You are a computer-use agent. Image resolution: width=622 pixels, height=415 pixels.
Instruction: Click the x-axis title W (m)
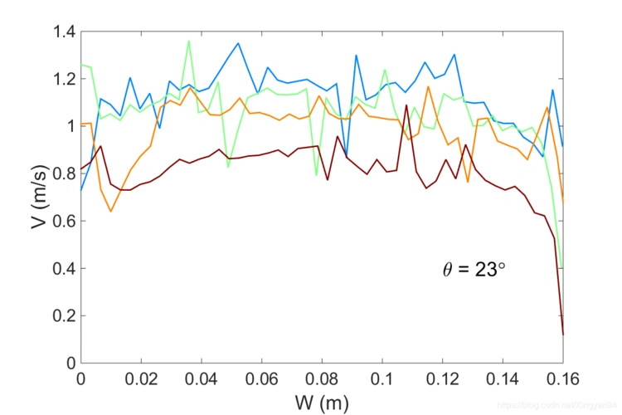[321, 403]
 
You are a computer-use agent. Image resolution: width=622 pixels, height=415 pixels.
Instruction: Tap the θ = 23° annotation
[474, 269]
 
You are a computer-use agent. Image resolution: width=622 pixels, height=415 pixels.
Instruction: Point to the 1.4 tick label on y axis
[63, 32]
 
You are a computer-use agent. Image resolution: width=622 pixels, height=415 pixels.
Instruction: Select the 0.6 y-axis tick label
[63, 222]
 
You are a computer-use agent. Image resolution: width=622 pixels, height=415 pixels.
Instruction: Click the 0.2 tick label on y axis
[63, 316]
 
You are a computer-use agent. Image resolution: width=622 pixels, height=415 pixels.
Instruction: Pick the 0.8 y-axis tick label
[63, 174]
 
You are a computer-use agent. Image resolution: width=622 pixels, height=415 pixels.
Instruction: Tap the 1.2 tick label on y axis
[63, 80]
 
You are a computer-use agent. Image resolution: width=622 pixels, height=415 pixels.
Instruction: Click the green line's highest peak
[188, 41]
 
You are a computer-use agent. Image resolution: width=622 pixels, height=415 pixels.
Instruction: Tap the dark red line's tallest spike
[406, 105]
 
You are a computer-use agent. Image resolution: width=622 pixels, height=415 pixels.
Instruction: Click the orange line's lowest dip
[110, 212]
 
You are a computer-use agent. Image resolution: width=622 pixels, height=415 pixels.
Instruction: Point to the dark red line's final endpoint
[563, 334]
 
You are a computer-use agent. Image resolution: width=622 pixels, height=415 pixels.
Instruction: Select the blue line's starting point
[81, 190]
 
